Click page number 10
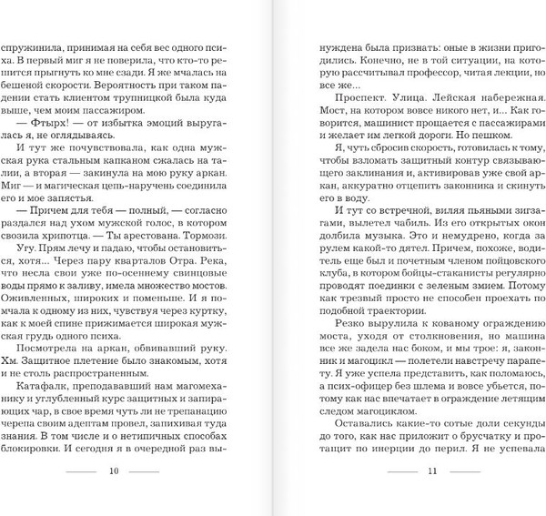[114, 498]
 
